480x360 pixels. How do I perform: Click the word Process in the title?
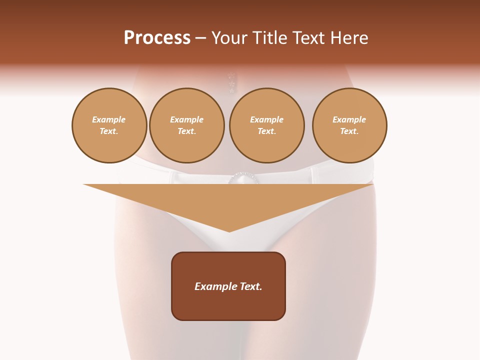pyautogui.click(x=157, y=38)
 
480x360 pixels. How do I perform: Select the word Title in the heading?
pyautogui.click(x=271, y=38)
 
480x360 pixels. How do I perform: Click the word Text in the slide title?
pyautogui.click(x=310, y=38)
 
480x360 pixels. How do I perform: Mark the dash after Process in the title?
pyautogui.click(x=200, y=39)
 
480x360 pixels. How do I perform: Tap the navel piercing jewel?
pyautogui.click(x=231, y=83)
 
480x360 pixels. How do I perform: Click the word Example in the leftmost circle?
pyautogui.click(x=109, y=120)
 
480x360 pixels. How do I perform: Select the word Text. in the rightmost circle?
pyautogui.click(x=349, y=131)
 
